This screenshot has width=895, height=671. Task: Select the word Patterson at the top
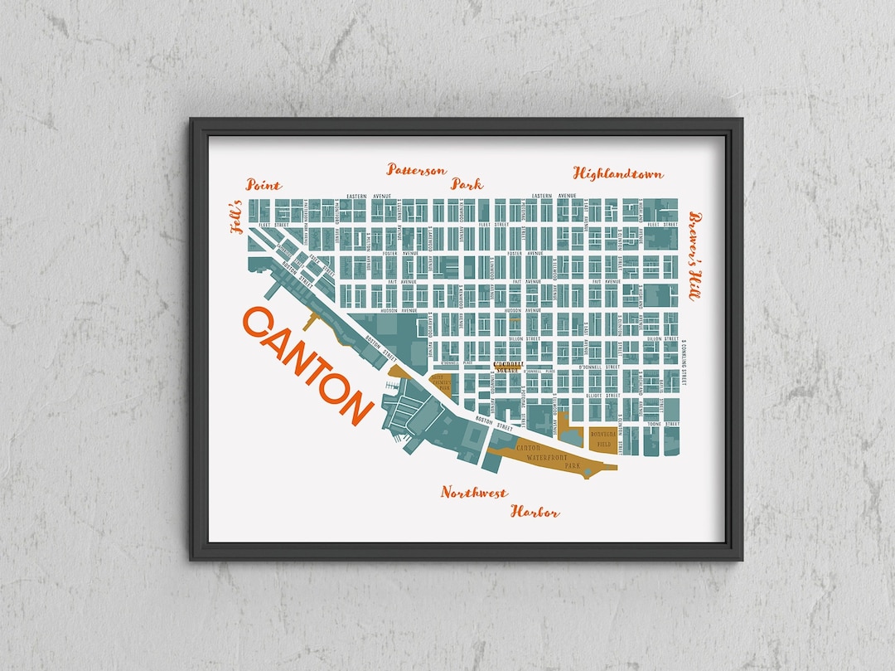tap(416, 170)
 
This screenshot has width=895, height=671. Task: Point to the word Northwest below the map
tap(473, 493)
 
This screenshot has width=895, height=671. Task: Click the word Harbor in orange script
tap(535, 512)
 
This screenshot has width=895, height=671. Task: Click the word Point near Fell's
tap(264, 185)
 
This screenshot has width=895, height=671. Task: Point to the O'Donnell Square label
tap(509, 366)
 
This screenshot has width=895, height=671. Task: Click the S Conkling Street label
tap(686, 365)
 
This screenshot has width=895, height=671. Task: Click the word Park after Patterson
tap(467, 184)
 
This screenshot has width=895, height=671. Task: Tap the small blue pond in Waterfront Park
tap(588, 472)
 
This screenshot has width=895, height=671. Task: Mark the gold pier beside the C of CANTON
tap(308, 322)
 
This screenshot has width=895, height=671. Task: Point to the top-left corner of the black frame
tap(192, 120)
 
